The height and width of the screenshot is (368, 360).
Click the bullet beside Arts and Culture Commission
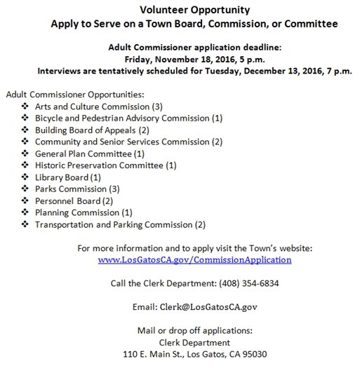[26, 106]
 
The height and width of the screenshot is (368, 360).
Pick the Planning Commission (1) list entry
[84, 212]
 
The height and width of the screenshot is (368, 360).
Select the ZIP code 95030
[253, 355]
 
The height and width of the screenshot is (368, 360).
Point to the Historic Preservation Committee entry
[105, 165]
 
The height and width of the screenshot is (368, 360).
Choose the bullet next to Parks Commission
[26, 189]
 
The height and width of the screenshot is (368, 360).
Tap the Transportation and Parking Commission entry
[120, 224]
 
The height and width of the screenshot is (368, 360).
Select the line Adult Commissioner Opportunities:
[74, 94]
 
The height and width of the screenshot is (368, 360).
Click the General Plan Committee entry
[89, 154]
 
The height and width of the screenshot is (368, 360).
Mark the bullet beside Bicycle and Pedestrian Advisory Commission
[26, 118]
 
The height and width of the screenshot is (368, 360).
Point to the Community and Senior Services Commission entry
[128, 142]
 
